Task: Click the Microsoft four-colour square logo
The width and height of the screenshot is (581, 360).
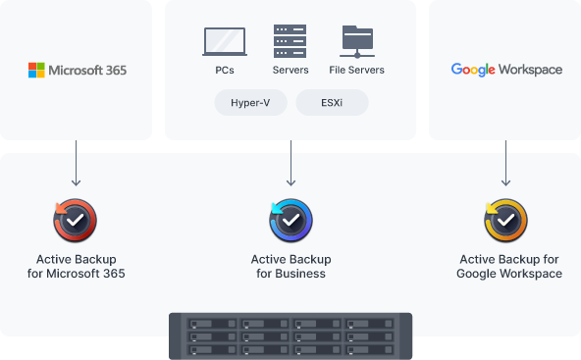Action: [36, 70]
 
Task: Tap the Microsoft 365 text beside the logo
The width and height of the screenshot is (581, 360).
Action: [87, 70]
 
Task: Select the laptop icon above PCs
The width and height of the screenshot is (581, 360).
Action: [225, 41]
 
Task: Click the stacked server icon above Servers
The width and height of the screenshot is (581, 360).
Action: [290, 41]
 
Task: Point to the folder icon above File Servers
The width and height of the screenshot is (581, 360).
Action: [357, 42]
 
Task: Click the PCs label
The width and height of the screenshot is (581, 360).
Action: [225, 70]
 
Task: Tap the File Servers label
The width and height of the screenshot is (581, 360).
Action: [357, 70]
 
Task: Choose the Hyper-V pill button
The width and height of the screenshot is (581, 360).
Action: [250, 103]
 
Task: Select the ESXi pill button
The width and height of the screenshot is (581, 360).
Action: [332, 103]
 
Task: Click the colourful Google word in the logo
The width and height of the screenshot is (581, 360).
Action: [473, 70]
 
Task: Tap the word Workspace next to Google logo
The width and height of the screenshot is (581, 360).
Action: [530, 70]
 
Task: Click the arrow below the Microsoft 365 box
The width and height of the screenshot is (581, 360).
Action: [76, 163]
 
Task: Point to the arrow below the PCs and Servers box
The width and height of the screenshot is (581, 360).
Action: [290, 163]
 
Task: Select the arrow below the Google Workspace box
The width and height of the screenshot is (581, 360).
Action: [505, 163]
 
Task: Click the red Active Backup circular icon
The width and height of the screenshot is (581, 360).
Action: [76, 221]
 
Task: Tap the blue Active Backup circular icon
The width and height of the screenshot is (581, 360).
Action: [290, 221]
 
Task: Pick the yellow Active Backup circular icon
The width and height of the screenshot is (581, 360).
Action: [505, 221]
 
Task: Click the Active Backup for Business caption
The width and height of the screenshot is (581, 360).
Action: [290, 266]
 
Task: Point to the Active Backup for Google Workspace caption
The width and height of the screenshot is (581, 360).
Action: [509, 266]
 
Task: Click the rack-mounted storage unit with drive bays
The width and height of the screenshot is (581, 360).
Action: [290, 335]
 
